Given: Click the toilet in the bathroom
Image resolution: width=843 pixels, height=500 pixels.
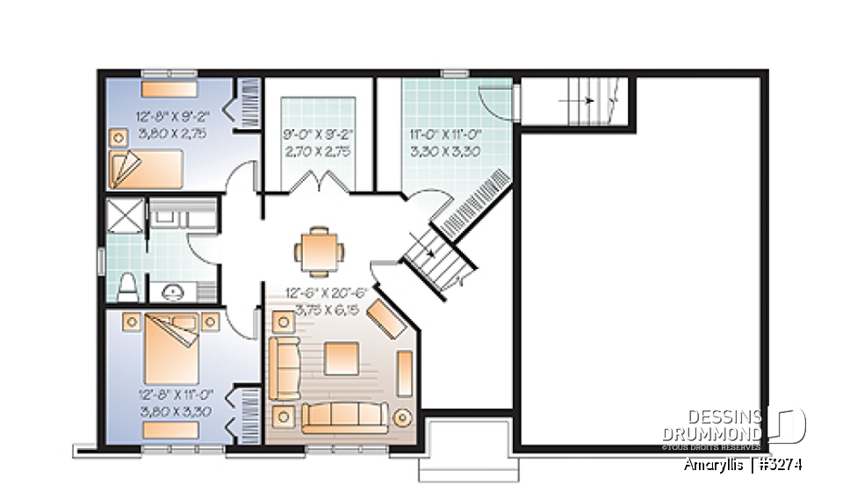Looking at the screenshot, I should pos(128,285).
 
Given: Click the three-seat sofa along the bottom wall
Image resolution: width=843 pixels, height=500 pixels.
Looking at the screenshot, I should pos(346,417).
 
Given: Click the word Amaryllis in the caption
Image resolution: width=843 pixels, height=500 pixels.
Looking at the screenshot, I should pos(714,465).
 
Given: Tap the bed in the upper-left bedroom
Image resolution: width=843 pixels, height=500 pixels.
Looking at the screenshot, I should pos(144,164).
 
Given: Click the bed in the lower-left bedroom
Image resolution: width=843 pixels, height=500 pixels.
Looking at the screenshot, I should pos(172,347).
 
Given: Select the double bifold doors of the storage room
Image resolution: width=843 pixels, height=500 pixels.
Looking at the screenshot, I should pos(318,182).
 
